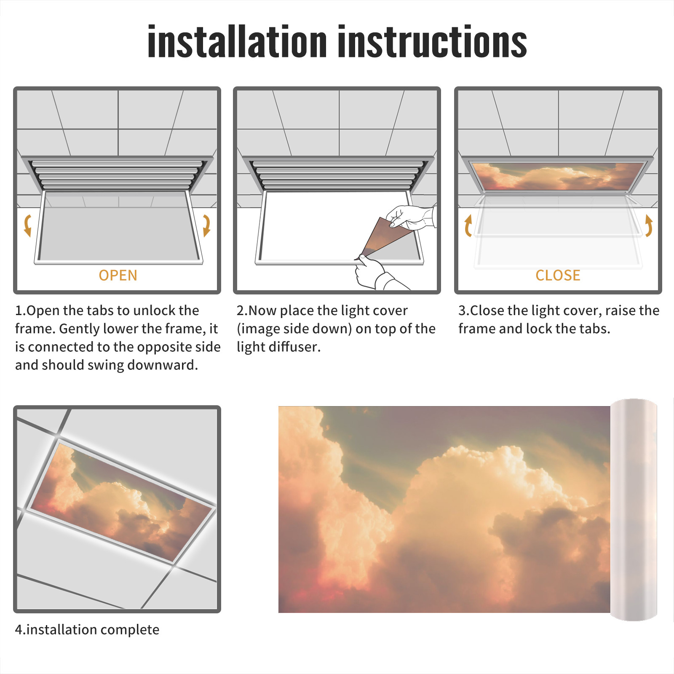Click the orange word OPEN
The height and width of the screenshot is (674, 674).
pyautogui.click(x=118, y=275)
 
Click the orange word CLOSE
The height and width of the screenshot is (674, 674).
pyautogui.click(x=558, y=275)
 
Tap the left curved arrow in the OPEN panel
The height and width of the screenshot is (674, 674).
pyautogui.click(x=28, y=225)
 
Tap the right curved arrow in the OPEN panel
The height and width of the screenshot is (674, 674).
pyautogui.click(x=206, y=225)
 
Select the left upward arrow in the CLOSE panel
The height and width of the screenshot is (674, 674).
pyautogui.click(x=468, y=225)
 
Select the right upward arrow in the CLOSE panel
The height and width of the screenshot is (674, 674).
pyautogui.click(x=649, y=225)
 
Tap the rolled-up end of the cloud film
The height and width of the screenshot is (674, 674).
pyautogui.click(x=634, y=510)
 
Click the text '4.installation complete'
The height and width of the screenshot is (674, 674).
pyautogui.click(x=87, y=630)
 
